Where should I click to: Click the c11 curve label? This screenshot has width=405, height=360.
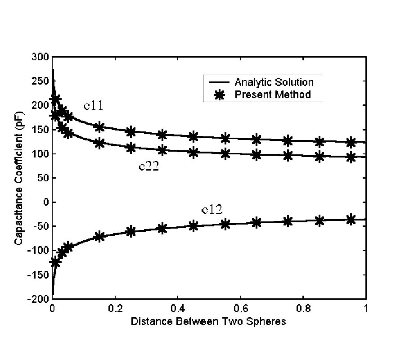[x=94, y=106]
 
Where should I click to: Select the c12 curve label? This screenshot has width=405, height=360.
[x=211, y=209]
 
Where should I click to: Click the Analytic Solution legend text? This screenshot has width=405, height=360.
[x=274, y=82]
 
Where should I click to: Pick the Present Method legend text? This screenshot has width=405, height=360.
[x=273, y=94]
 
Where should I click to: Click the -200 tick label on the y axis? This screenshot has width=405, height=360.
[x=40, y=299]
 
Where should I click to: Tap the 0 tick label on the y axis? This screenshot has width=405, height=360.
[x=45, y=202]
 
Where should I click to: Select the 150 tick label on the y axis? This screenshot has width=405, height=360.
[x=41, y=130]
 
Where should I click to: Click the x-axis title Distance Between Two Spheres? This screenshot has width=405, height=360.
[x=208, y=322]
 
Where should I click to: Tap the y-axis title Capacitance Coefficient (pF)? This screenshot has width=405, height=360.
[x=19, y=178]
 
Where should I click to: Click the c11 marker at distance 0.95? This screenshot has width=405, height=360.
[x=351, y=143]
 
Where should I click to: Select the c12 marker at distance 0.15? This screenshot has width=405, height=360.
[x=99, y=236]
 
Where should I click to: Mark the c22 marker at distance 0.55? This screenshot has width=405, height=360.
[x=225, y=153]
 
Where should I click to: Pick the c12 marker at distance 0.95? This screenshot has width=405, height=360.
[x=351, y=220]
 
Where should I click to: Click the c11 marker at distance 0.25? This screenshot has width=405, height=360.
[x=130, y=132]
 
